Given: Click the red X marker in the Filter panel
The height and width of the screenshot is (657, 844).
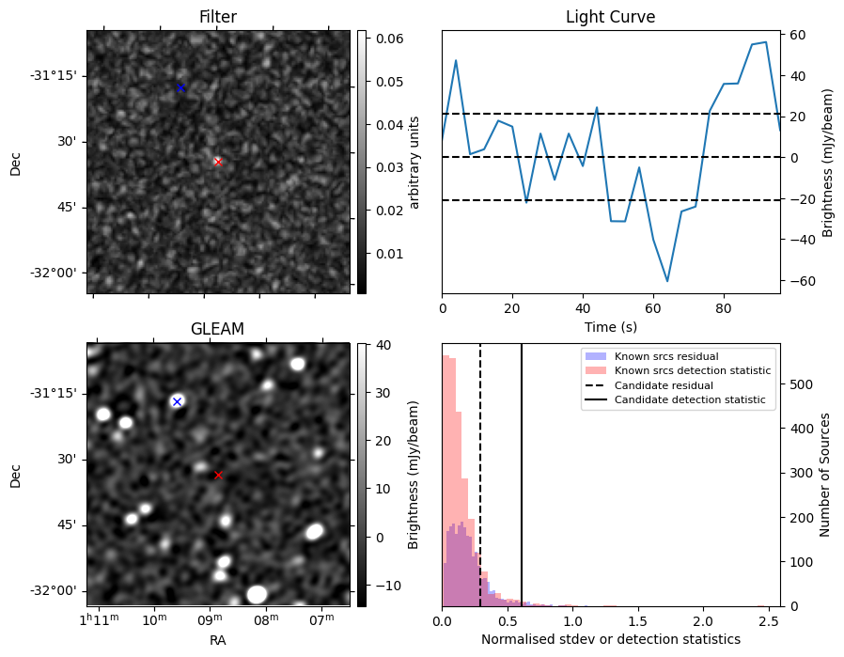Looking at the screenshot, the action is click(x=218, y=162).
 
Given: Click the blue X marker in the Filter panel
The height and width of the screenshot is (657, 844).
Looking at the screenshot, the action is click(x=180, y=87).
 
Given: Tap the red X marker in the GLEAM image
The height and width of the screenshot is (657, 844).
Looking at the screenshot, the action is click(x=218, y=476).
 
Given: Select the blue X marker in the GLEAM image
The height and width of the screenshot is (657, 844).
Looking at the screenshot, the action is click(x=177, y=402).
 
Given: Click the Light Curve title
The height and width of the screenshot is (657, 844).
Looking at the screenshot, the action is click(x=610, y=17).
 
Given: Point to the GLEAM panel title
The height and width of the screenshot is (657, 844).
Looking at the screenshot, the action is click(x=217, y=328).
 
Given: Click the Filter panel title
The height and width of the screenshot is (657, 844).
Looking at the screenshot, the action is click(x=217, y=17).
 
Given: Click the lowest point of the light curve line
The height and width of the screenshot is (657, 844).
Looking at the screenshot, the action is click(x=667, y=281).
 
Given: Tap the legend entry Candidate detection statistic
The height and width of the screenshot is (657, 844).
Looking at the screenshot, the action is click(x=690, y=399).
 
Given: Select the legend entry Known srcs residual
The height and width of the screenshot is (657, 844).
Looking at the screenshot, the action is click(x=666, y=356).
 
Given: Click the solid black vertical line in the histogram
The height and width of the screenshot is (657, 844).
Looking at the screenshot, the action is click(x=521, y=475).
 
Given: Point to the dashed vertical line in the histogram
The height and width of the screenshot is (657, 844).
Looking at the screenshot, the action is click(x=479, y=475).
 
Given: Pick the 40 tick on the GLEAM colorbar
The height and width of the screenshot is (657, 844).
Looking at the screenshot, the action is click(x=383, y=345).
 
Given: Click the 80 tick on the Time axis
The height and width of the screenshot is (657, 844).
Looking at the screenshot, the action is click(x=724, y=308).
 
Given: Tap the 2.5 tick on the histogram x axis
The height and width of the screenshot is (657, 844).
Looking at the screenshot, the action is click(x=768, y=621).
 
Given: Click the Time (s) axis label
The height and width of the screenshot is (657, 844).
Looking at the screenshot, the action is click(x=610, y=327).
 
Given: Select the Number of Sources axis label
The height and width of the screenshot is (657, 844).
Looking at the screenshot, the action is click(x=824, y=475).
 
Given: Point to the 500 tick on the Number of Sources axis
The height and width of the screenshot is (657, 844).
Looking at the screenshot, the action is click(x=801, y=384).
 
